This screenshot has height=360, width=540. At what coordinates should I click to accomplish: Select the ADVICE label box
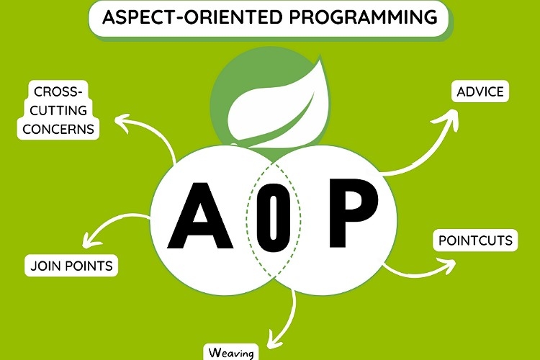[x=480, y=92]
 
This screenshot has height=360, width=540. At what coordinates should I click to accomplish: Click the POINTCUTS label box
[x=476, y=240]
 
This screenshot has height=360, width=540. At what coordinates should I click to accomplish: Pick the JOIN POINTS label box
[x=71, y=266]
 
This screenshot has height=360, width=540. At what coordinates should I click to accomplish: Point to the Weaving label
[x=230, y=353]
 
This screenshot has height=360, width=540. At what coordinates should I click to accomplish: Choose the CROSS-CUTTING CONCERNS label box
[x=59, y=111]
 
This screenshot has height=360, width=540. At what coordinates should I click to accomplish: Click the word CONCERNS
[x=59, y=130]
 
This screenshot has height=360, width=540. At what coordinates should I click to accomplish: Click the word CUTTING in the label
[x=59, y=111]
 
